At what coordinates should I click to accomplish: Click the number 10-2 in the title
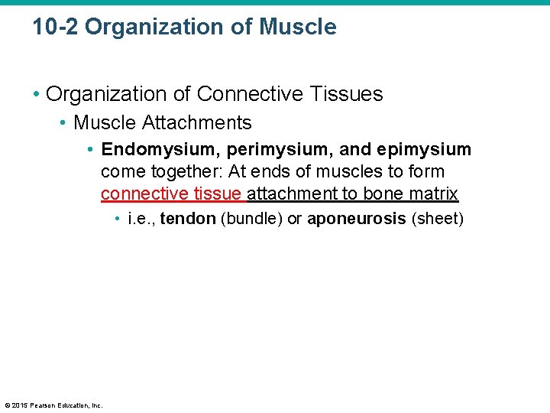tap(55, 28)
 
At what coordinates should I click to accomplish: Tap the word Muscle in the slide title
tap(298, 28)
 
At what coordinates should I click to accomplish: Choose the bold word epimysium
tap(424, 149)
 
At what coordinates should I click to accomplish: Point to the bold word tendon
tap(188, 220)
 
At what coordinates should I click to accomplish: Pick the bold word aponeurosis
tap(356, 220)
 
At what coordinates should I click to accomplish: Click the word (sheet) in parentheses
tap(438, 220)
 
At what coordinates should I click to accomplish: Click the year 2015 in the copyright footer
tap(19, 405)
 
